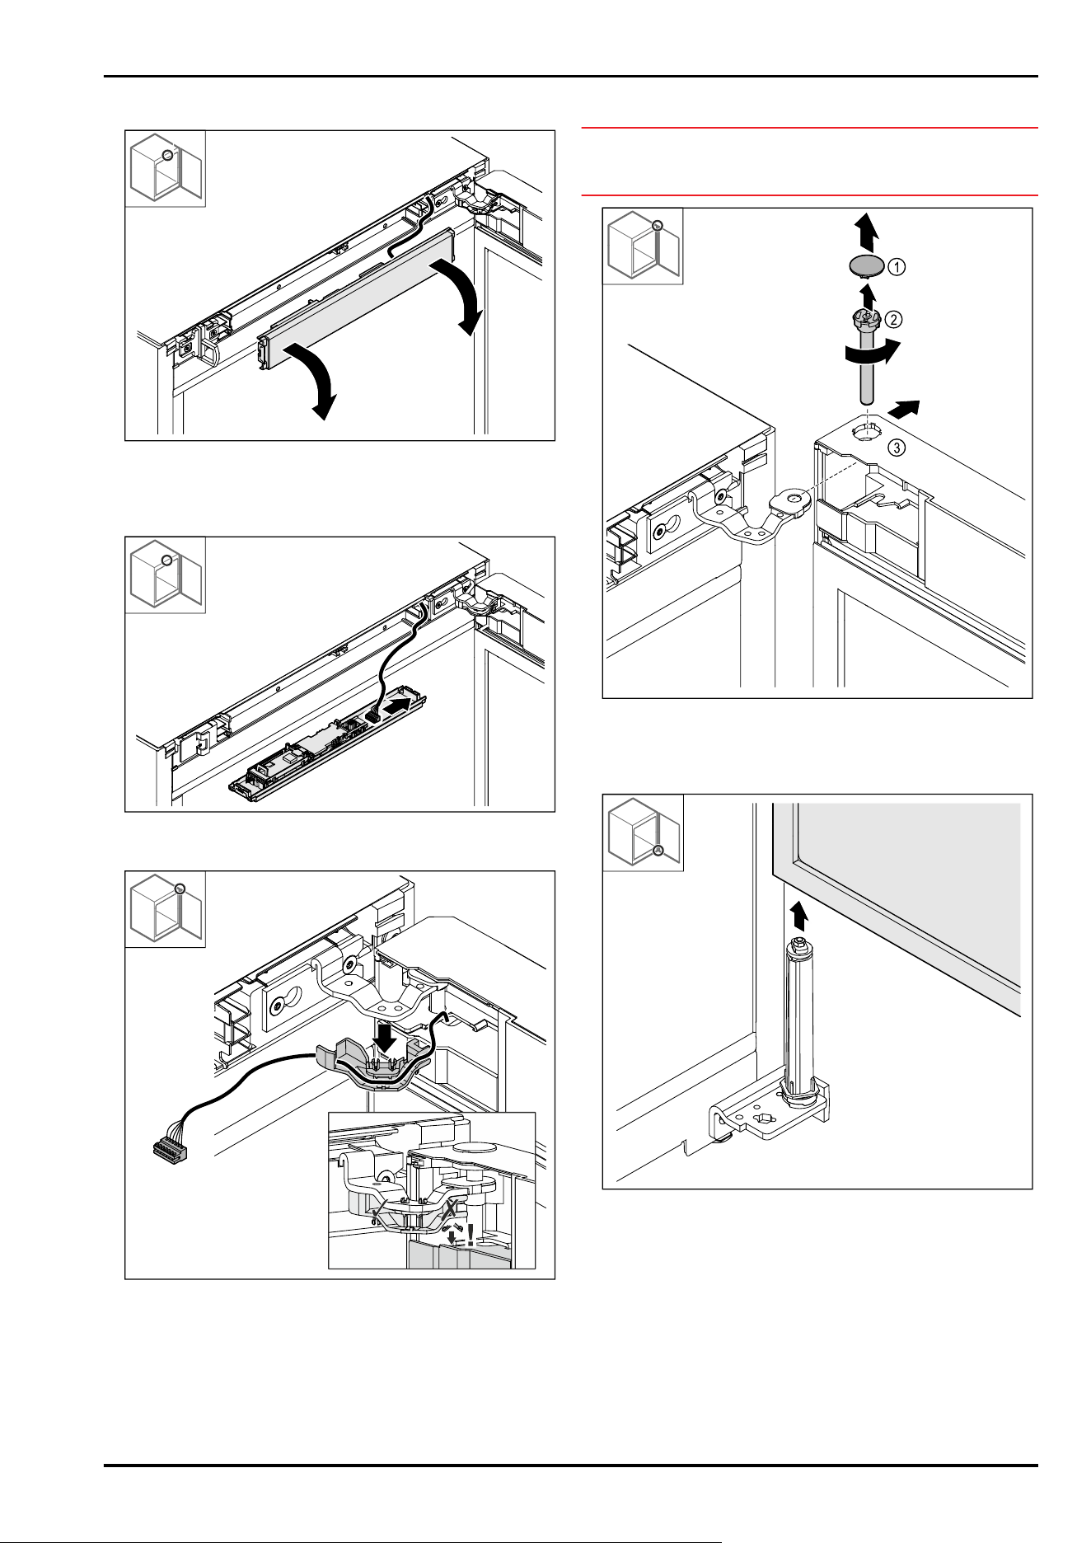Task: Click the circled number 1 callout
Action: click(x=897, y=266)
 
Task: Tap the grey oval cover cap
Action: click(x=864, y=265)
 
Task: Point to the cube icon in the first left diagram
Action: click(x=165, y=170)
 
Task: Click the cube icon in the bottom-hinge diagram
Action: click(x=644, y=832)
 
